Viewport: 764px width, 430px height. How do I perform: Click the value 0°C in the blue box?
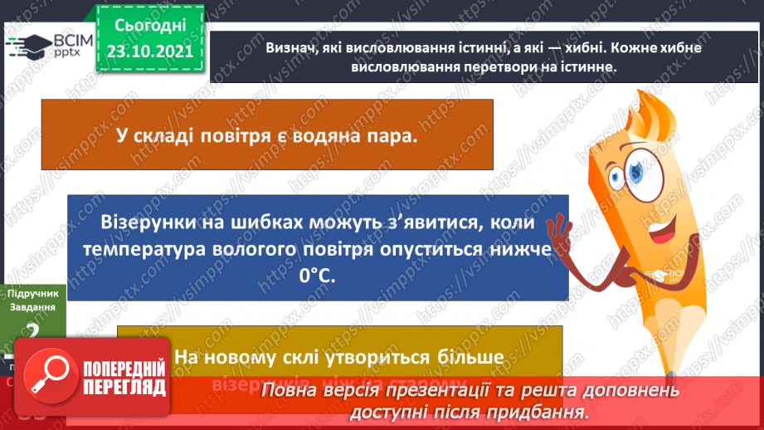[318, 276]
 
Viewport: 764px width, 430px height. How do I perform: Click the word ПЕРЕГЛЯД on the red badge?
[125, 387]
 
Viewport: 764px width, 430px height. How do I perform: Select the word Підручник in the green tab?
[33, 294]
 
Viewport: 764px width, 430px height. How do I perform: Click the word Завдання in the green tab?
[33, 307]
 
